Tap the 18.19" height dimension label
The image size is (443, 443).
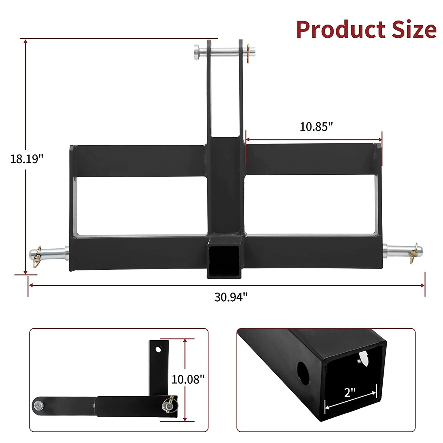27,159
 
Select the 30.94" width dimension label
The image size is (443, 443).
231,297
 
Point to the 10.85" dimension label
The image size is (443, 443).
316,127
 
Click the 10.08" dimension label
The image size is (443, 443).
188,379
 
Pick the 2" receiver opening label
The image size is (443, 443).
349,392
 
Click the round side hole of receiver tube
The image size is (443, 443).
303,373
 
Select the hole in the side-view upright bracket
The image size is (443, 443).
158,349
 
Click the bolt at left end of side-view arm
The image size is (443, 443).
38,406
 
